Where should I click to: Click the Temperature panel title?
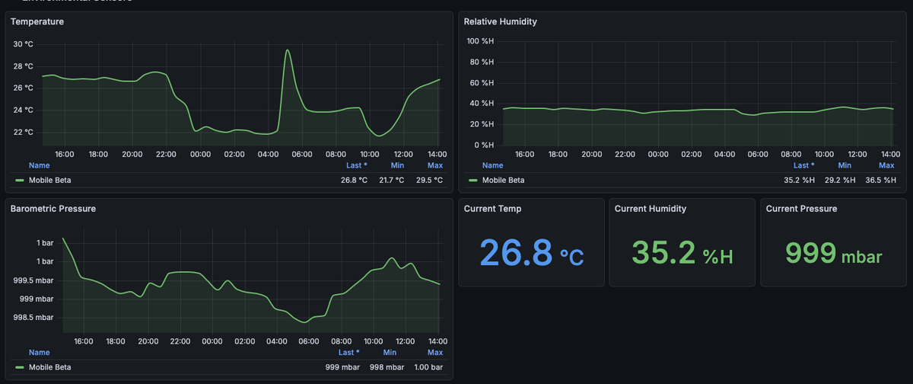click(x=37, y=21)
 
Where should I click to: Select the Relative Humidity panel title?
click(x=500, y=21)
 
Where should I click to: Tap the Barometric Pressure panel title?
click(x=52, y=208)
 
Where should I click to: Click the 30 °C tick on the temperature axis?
click(x=23, y=44)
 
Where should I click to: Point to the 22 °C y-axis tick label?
click(x=23, y=133)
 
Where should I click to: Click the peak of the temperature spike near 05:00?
click(x=288, y=50)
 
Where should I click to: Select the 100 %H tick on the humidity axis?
click(x=480, y=41)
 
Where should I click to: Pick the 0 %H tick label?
click(x=484, y=145)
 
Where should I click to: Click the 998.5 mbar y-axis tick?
click(x=33, y=318)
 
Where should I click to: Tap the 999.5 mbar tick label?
click(x=33, y=280)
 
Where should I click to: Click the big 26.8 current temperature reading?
click(x=516, y=252)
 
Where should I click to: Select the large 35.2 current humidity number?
click(x=663, y=252)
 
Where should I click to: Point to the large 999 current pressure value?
click(x=810, y=252)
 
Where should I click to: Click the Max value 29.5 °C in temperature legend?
click(x=428, y=181)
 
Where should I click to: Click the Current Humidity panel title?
click(x=650, y=208)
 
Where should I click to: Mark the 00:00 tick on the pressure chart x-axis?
click(x=212, y=341)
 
